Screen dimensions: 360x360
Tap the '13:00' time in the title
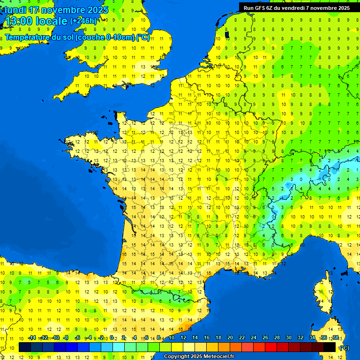[19, 21]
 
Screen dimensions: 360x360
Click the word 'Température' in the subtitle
[28, 37]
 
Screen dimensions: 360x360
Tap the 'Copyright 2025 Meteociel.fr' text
[199, 357]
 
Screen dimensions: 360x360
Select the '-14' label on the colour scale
[32, 338]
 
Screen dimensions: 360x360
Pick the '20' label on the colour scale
[230, 338]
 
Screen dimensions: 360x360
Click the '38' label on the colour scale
[336, 338]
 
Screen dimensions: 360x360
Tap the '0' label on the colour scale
[112, 338]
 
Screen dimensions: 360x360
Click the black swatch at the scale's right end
[330, 347]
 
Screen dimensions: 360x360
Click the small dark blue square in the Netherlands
[227, 34]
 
